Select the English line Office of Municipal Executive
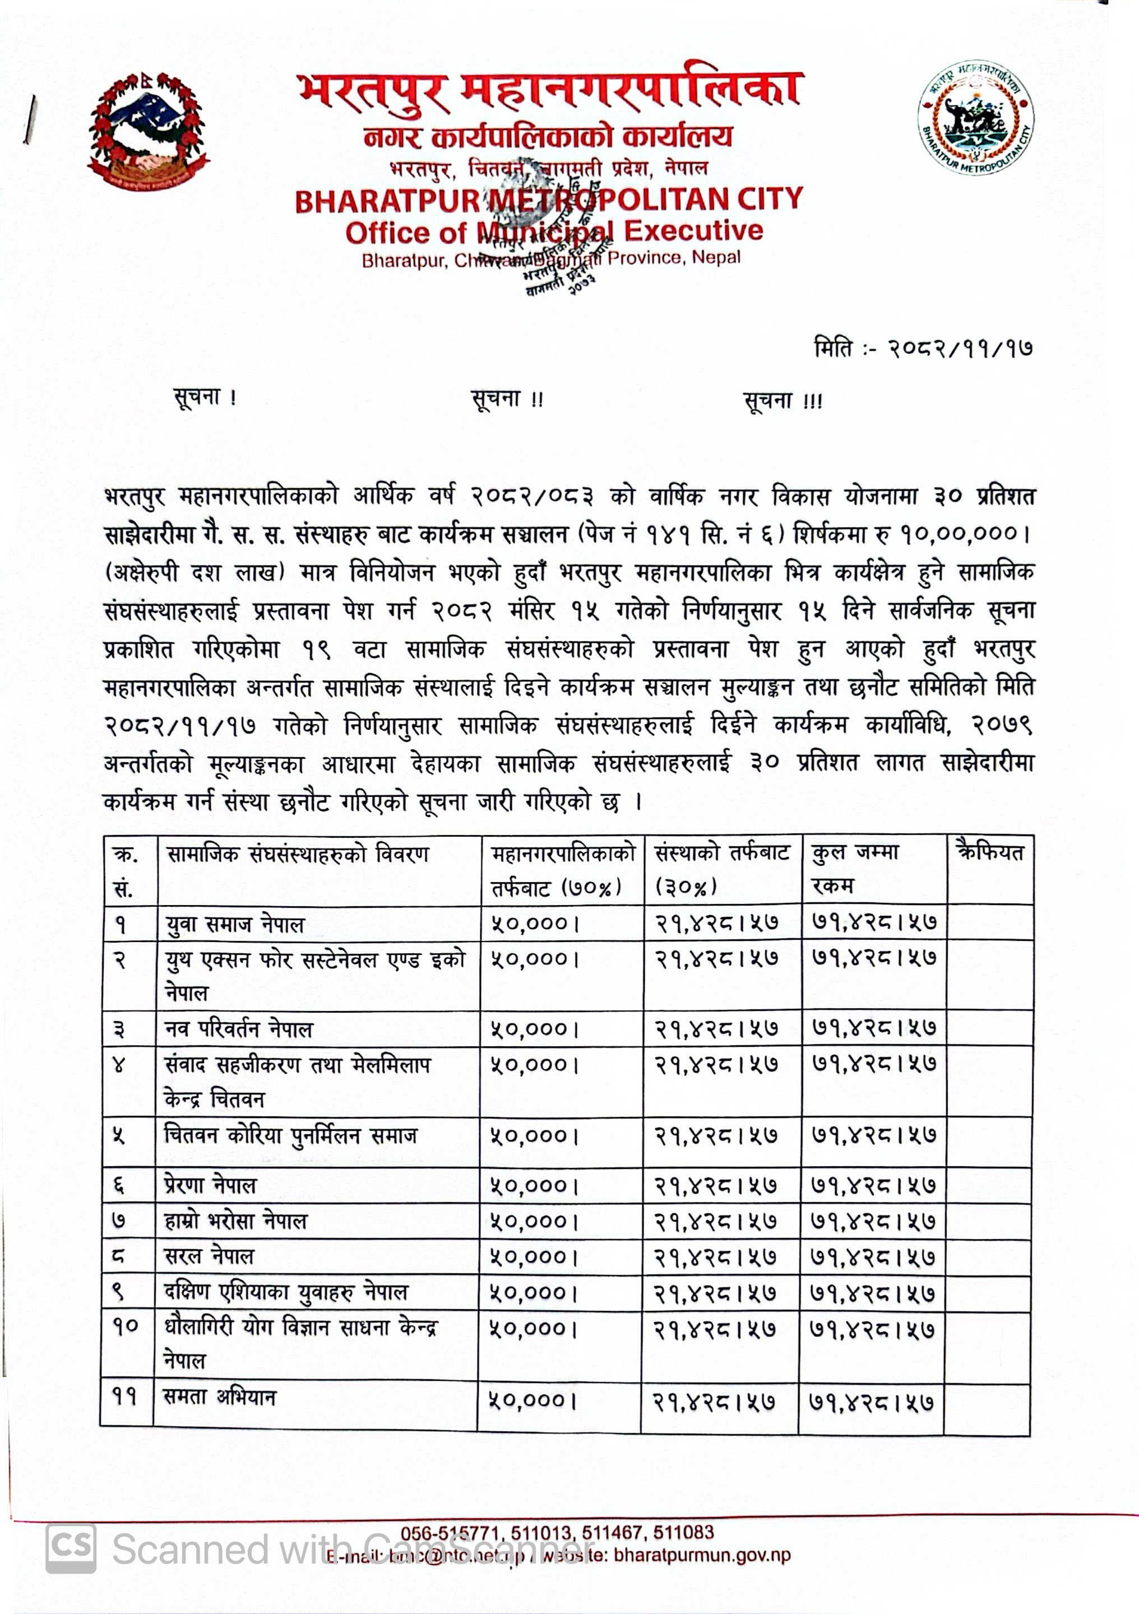(x=554, y=231)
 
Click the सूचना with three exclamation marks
(x=783, y=401)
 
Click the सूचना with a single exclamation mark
(x=205, y=398)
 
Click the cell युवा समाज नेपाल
(x=235, y=924)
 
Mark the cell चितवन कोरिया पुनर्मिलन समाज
(x=290, y=1135)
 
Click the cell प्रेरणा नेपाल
(x=210, y=1186)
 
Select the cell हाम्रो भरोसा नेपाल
(x=235, y=1221)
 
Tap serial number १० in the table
(x=127, y=1327)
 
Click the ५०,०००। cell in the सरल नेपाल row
(x=534, y=1257)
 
